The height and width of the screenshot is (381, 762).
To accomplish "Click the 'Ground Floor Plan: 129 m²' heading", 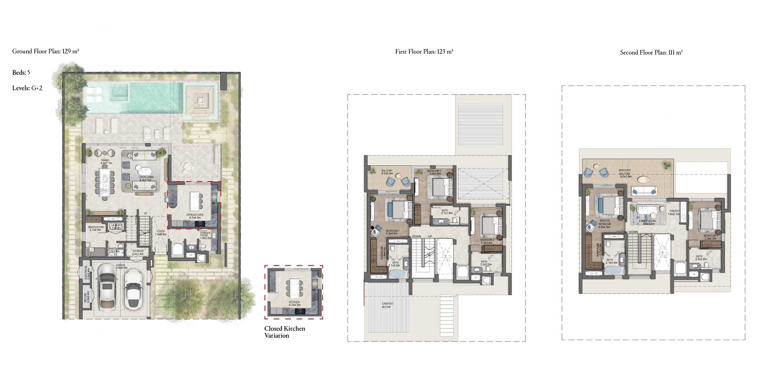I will [x=46, y=51].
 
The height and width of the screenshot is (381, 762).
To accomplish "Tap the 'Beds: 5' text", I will [x=21, y=73].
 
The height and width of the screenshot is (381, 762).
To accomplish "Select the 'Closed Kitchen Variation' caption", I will [x=284, y=332].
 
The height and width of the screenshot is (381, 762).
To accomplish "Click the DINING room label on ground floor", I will [x=105, y=162].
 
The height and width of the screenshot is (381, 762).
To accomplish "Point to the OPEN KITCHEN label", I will [x=194, y=216].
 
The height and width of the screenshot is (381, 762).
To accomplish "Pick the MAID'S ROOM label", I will [x=96, y=229].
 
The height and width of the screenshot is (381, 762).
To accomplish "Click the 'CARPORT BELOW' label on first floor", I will [x=387, y=305].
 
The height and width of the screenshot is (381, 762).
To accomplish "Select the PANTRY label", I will [x=675, y=212].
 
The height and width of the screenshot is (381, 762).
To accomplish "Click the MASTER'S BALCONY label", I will [x=625, y=173].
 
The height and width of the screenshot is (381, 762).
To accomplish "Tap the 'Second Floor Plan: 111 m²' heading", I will [x=651, y=52].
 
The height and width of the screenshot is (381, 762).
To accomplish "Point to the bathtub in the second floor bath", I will [x=611, y=271].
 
